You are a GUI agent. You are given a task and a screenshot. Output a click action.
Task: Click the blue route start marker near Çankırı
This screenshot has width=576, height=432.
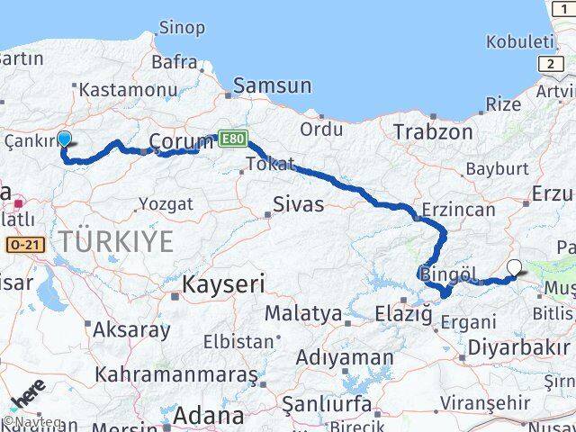pos(65,139)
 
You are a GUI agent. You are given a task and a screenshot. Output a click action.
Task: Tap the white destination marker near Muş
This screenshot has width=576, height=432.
pos(514,266)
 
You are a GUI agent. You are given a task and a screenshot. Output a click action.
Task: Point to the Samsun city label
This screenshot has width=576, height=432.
pos(272,86)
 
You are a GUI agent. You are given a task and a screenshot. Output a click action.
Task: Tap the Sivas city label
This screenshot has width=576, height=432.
pos(299,203)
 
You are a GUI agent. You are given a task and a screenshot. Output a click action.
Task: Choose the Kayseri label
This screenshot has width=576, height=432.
pos(224,285)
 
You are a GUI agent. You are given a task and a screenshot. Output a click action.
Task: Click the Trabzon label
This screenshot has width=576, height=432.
pos(433,131)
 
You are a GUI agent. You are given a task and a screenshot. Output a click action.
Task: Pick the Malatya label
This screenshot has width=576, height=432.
pos(303,314)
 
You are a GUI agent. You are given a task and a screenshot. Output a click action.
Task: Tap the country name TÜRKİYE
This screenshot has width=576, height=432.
pos(117,241)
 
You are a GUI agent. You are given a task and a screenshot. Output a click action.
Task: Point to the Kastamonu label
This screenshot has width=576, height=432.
pos(128,90)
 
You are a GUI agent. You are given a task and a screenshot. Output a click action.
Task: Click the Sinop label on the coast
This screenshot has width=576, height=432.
pos(181,28)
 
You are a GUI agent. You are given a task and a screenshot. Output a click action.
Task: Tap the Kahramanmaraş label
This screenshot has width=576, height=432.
pos(175,373)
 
